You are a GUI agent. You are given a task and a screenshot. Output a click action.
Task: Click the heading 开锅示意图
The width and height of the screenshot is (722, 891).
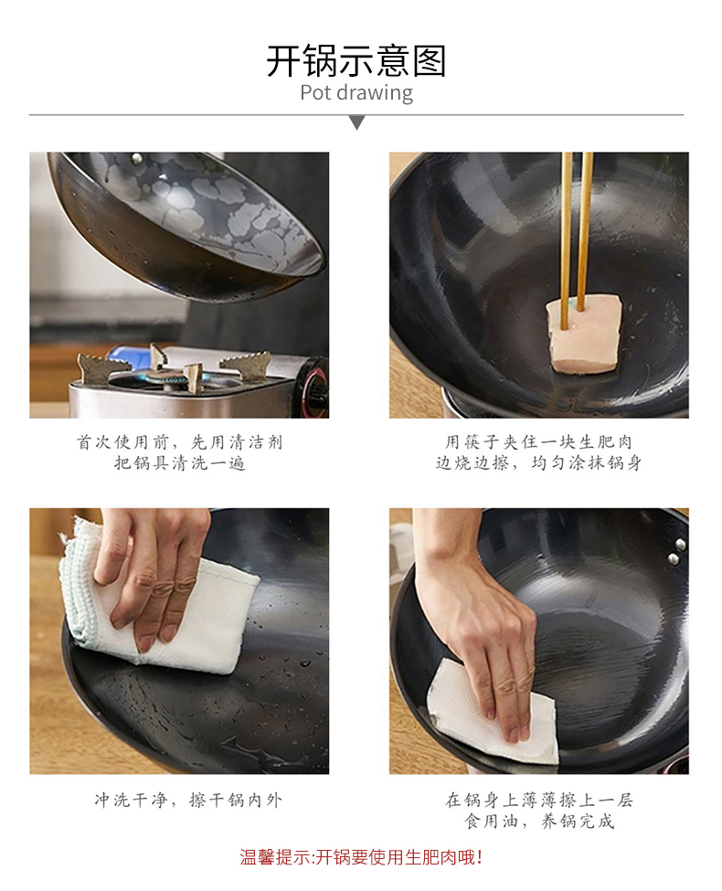356,61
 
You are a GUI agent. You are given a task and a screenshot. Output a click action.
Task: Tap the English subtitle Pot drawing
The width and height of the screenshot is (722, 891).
356,92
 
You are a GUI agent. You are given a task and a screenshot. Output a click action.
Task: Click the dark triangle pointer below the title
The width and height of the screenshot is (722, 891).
357,122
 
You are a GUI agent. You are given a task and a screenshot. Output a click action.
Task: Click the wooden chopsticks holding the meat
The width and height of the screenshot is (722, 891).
577,239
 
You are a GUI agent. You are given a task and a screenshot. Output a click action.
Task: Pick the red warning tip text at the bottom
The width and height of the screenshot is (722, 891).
361,857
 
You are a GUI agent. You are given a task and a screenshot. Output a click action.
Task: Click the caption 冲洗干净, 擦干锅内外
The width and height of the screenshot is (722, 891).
188,801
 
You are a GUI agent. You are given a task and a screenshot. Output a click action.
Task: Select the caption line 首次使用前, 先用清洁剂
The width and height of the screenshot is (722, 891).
180,442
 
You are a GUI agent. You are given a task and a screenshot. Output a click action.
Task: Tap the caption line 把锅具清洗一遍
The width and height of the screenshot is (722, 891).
180,463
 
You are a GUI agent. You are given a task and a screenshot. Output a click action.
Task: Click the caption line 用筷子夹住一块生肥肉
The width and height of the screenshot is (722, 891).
538,442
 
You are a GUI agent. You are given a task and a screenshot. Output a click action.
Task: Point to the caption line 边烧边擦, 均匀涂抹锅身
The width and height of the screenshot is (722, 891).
538,463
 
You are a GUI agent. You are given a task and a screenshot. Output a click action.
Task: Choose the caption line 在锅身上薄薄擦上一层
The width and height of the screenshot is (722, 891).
539,801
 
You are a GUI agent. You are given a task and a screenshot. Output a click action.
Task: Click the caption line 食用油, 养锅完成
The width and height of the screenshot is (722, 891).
539,822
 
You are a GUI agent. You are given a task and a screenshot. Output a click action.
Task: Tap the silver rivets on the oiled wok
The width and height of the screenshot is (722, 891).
676,552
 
